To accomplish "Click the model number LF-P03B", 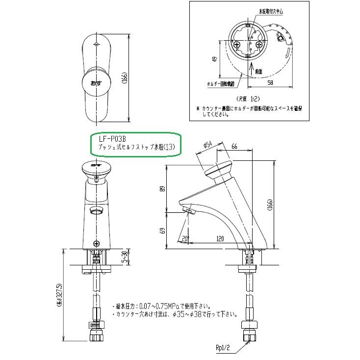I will pyautogui.click(x=105, y=139).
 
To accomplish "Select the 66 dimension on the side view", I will pyautogui.click(x=234, y=147).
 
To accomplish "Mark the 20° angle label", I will pyautogui.click(x=184, y=239).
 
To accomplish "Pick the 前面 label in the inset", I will pyautogui.click(x=258, y=71).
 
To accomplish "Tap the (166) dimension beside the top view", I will pyautogui.click(x=125, y=78).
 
